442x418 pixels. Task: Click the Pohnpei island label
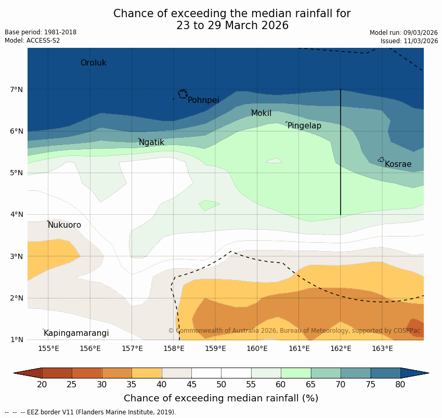point(203,100)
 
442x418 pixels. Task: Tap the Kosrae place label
point(398,164)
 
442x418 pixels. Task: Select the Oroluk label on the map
point(93,63)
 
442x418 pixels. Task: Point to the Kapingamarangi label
point(76,333)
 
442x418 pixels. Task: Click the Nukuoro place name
point(64,225)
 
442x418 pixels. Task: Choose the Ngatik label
point(151,142)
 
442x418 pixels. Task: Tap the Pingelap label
point(304,126)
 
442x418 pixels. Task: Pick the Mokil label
point(261,113)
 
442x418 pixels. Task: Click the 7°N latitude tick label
point(17,89)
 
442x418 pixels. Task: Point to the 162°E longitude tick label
point(341,348)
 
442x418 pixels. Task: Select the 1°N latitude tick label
point(17,339)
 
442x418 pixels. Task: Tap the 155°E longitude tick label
point(48,348)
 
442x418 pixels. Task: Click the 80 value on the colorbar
point(400,385)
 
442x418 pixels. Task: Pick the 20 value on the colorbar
point(42,385)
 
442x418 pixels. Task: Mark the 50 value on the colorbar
point(221,385)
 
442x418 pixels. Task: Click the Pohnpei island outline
point(183,94)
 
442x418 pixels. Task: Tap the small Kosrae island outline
point(381,160)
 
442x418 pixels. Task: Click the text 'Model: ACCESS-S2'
point(32,41)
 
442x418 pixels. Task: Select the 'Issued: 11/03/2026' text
point(409,41)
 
